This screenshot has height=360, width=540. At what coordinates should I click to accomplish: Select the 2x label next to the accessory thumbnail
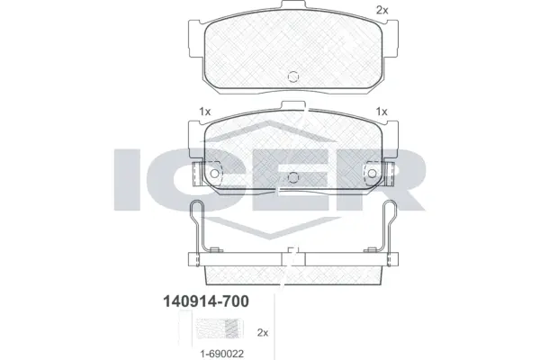point(263,332)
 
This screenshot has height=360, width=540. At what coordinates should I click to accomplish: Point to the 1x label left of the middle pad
point(204,112)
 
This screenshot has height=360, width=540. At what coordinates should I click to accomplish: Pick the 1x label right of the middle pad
point(381,112)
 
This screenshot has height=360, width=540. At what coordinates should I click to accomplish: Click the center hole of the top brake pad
point(292,77)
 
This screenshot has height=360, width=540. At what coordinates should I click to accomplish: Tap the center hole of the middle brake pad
point(292,175)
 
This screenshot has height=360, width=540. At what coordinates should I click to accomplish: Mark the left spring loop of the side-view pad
point(199,216)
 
